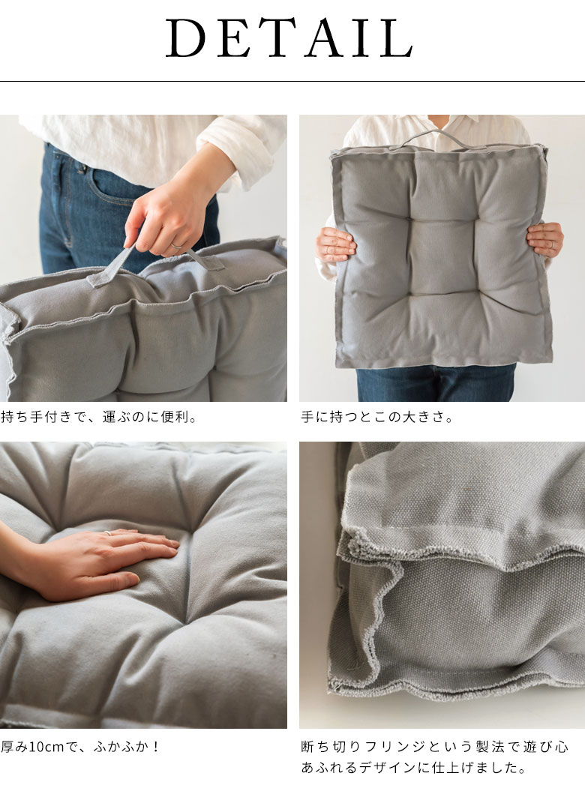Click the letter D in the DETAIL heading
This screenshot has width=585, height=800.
(184, 37)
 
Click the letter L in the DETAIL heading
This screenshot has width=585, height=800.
(397, 37)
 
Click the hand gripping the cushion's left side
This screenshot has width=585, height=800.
(334, 245)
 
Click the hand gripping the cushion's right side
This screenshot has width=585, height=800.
(545, 241)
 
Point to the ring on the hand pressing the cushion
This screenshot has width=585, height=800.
(108, 533)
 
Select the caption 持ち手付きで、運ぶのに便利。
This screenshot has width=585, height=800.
(100, 418)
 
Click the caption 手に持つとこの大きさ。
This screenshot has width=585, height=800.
(378, 418)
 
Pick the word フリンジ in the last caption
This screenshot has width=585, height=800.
(395, 747)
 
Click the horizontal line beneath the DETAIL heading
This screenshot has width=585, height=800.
(292, 81)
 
